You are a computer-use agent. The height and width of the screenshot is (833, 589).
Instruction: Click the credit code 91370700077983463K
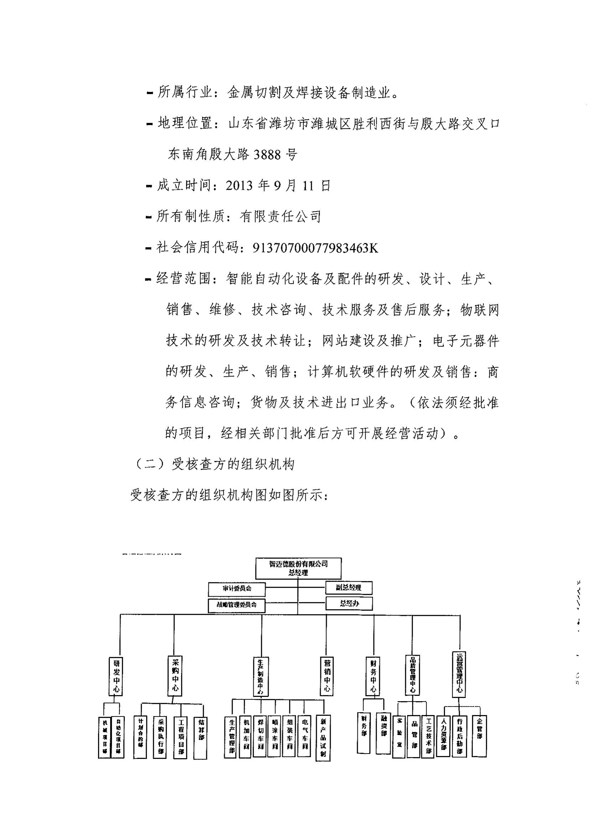(315, 248)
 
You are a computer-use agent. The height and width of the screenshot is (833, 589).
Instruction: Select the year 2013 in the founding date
(239, 186)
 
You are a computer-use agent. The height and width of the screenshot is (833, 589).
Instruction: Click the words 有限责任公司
(280, 217)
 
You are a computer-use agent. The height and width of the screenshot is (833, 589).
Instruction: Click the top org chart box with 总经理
(298, 568)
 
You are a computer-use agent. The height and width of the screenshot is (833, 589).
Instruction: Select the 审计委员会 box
(237, 589)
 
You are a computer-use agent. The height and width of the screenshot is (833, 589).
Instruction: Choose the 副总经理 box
(348, 587)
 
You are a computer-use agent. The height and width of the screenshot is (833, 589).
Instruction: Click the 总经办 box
(349, 603)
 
